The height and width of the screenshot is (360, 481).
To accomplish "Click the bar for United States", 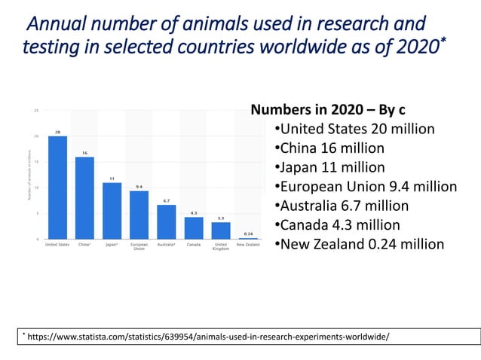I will (x=57, y=188).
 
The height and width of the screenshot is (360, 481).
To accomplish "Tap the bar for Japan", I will (x=112, y=211).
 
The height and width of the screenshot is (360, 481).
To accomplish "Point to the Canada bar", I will (x=194, y=228).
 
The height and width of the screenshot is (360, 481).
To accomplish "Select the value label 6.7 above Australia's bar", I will (x=167, y=201).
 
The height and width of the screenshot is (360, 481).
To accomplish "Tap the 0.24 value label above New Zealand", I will (x=248, y=233).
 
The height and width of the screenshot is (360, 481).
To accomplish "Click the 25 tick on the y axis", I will (x=37, y=110).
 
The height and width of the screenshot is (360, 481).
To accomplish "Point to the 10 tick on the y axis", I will (x=37, y=188).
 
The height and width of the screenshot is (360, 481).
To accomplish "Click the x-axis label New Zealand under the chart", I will (x=248, y=245).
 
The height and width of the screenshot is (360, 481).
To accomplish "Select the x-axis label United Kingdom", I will (x=221, y=246).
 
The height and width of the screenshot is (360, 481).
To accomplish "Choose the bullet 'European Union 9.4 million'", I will (x=365, y=187).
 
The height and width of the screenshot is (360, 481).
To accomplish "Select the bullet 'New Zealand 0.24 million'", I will (x=359, y=244).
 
